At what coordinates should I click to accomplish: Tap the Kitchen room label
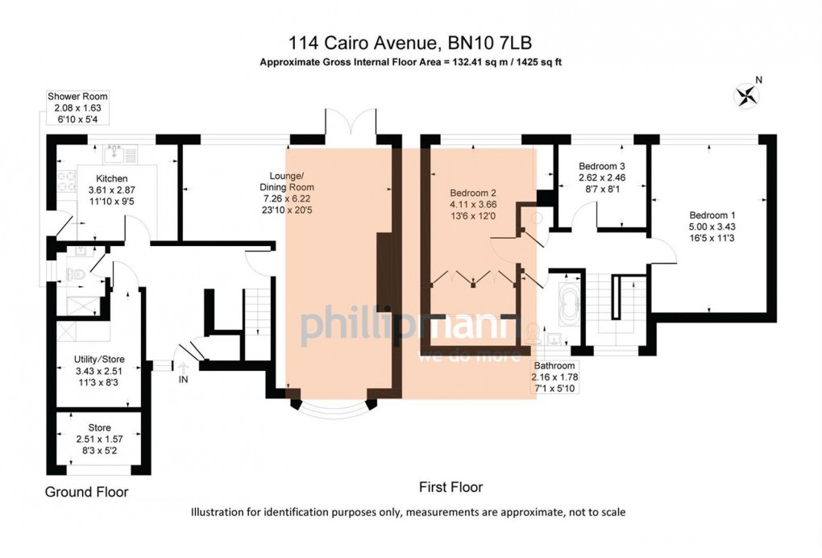[x=112, y=179]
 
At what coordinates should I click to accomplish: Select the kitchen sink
[x=114, y=154]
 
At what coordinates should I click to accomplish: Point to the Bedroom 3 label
[x=602, y=166]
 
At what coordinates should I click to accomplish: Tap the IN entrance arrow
[x=183, y=368]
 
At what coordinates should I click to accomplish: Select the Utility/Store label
[x=99, y=360]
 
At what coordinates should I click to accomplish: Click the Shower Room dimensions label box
[x=77, y=107]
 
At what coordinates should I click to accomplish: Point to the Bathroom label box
[x=554, y=377]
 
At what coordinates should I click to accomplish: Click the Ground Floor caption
[x=86, y=492]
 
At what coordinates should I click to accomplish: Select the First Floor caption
[x=450, y=487]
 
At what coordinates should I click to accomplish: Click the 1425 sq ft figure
[x=539, y=62]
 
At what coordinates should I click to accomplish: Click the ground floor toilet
[x=76, y=273]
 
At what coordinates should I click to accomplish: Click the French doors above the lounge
[x=351, y=123]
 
